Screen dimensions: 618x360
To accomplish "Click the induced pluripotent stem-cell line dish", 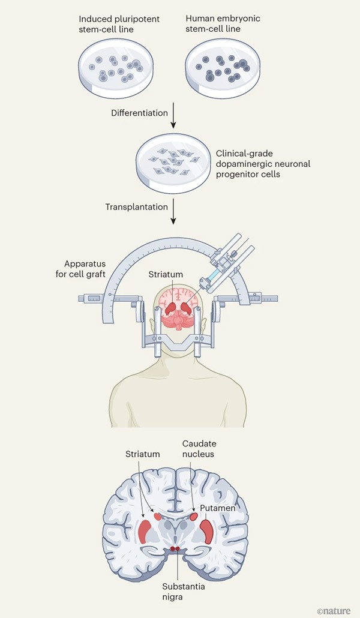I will point(116,68).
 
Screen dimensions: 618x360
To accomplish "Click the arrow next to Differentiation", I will point(173,115).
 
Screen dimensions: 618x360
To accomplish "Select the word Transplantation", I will point(137,207).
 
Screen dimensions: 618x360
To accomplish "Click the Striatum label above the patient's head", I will point(166,274).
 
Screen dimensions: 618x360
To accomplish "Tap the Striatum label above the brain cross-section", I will point(143,454).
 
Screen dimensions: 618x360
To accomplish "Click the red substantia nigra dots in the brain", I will point(175,548).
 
